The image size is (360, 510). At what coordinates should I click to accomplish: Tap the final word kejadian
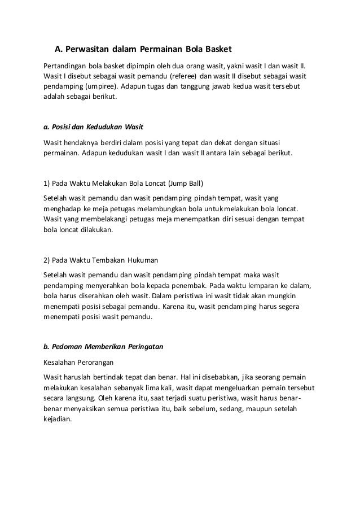click(x=58, y=420)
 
